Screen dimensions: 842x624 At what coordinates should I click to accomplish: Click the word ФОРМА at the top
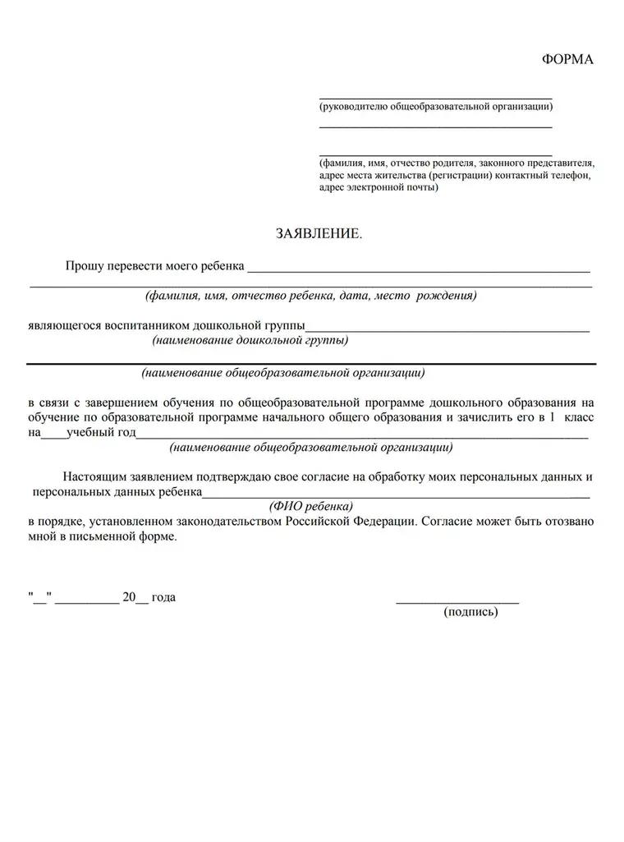[567, 59]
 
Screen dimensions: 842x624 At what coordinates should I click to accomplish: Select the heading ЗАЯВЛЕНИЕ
[319, 234]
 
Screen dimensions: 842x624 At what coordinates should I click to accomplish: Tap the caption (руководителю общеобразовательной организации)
[435, 107]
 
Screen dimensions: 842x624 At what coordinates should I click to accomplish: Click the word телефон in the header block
[569, 175]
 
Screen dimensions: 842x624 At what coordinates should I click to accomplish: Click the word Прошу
[82, 266]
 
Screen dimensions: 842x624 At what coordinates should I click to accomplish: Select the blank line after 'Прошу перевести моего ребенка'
[419, 269]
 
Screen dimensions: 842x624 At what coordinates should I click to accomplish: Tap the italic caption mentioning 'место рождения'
[311, 295]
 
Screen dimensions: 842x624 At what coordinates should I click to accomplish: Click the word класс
[578, 417]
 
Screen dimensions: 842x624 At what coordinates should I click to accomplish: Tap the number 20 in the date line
[128, 597]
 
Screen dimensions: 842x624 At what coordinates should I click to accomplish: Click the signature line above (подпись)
[457, 602]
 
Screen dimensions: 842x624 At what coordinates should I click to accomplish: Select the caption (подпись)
[470, 612]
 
